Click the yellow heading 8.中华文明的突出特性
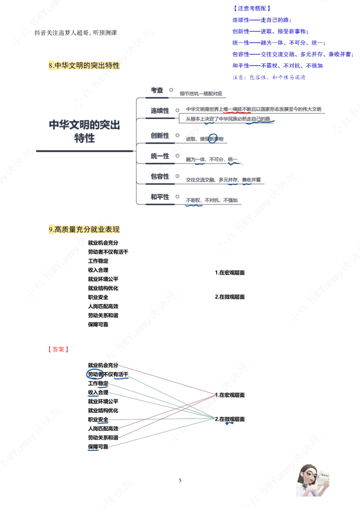pyautogui.click(x=84, y=66)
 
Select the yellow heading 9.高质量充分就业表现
pyautogui.click(x=84, y=230)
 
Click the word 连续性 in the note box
pyautogui.click(x=241, y=20)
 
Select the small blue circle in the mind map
pyautogui.click(x=213, y=138)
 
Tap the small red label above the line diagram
pyautogui.click(x=57, y=349)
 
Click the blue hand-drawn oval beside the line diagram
pyautogui.click(x=95, y=374)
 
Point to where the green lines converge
pyautogui.click(x=216, y=419)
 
